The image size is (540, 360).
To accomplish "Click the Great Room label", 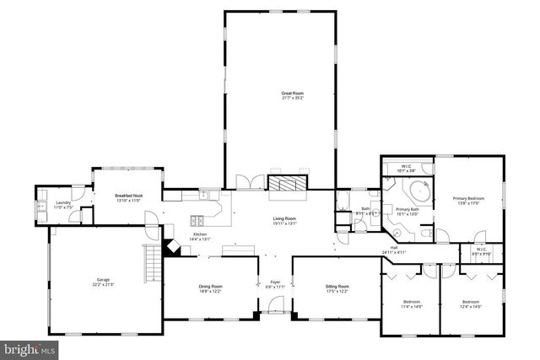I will (291, 93).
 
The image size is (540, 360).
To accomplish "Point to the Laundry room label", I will (63, 202).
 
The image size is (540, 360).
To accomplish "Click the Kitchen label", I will (200, 234).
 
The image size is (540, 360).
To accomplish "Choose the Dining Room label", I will (210, 287).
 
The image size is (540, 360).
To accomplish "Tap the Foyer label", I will (274, 282).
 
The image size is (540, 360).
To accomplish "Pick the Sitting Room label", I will (337, 287).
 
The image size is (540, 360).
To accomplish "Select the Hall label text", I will (393, 248).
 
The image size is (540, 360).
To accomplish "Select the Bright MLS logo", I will (30, 347).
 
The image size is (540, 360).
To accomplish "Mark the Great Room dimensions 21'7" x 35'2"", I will (291, 98).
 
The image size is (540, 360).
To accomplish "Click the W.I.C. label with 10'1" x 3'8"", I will (407, 167).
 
